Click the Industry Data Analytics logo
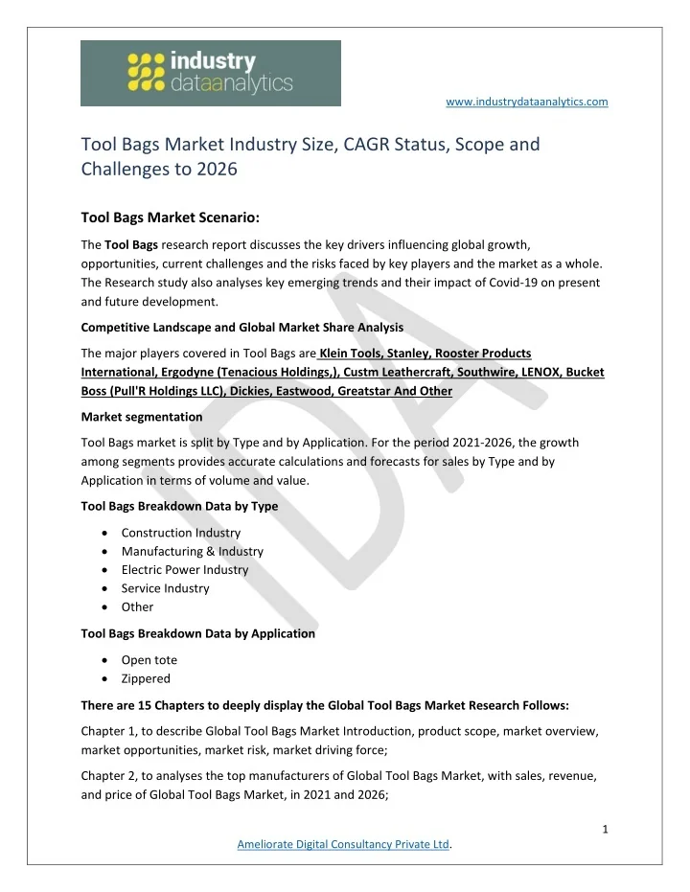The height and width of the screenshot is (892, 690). [210, 73]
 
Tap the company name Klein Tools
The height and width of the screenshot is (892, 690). [359, 354]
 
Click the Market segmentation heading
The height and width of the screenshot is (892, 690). [142, 417]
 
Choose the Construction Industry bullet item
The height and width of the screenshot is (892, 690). [181, 533]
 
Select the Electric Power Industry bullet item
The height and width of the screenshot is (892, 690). [185, 570]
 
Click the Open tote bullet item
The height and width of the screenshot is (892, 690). [149, 660]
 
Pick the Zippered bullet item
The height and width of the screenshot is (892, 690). [146, 678]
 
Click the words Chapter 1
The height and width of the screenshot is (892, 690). [109, 731]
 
